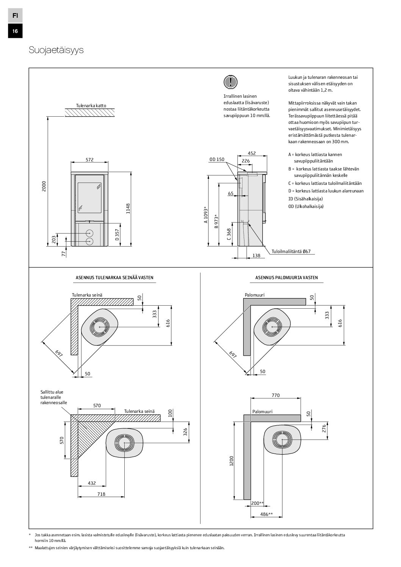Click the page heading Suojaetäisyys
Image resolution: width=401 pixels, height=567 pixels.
(x=56, y=51)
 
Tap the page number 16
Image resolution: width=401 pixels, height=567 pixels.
(x=15, y=31)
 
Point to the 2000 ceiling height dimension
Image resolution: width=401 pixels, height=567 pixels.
(x=44, y=186)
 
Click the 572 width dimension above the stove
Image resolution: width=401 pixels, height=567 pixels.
(x=89, y=160)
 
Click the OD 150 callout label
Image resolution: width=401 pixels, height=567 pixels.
(x=217, y=159)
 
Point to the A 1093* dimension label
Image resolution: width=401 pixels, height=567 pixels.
(x=205, y=215)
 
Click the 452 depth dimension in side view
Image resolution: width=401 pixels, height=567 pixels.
(x=252, y=153)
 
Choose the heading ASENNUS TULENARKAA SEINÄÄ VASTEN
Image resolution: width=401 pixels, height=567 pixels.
(x=114, y=278)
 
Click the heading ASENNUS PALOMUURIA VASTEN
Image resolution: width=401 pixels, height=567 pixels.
(x=287, y=278)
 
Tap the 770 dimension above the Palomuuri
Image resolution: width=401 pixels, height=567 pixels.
(x=276, y=395)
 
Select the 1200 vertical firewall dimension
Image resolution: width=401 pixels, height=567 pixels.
(x=232, y=461)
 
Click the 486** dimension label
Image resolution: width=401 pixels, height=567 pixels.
(x=267, y=514)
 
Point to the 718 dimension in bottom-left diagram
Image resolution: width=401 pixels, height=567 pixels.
(x=101, y=494)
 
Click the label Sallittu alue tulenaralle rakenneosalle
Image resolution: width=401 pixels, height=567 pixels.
(x=53, y=397)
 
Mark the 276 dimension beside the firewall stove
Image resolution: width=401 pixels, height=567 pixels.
(x=324, y=428)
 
